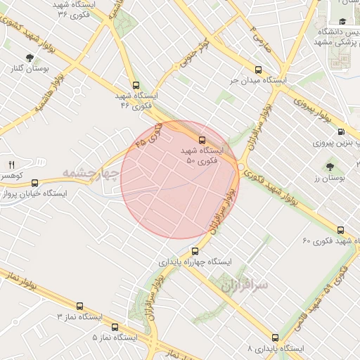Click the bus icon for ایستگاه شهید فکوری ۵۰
pos(202,140)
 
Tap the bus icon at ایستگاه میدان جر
pos(258,70)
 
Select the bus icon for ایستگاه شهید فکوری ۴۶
pos(136,84)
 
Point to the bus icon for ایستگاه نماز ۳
pos(79,307)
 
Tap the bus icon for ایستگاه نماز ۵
pos(115,326)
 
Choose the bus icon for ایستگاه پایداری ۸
pos(275,337)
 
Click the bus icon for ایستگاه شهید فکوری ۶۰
pos(341,230)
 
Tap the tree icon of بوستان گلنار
pos(29,58)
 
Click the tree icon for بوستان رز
pos(330,167)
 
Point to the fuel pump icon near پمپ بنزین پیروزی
pos(342,131)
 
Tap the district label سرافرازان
pos(245,285)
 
